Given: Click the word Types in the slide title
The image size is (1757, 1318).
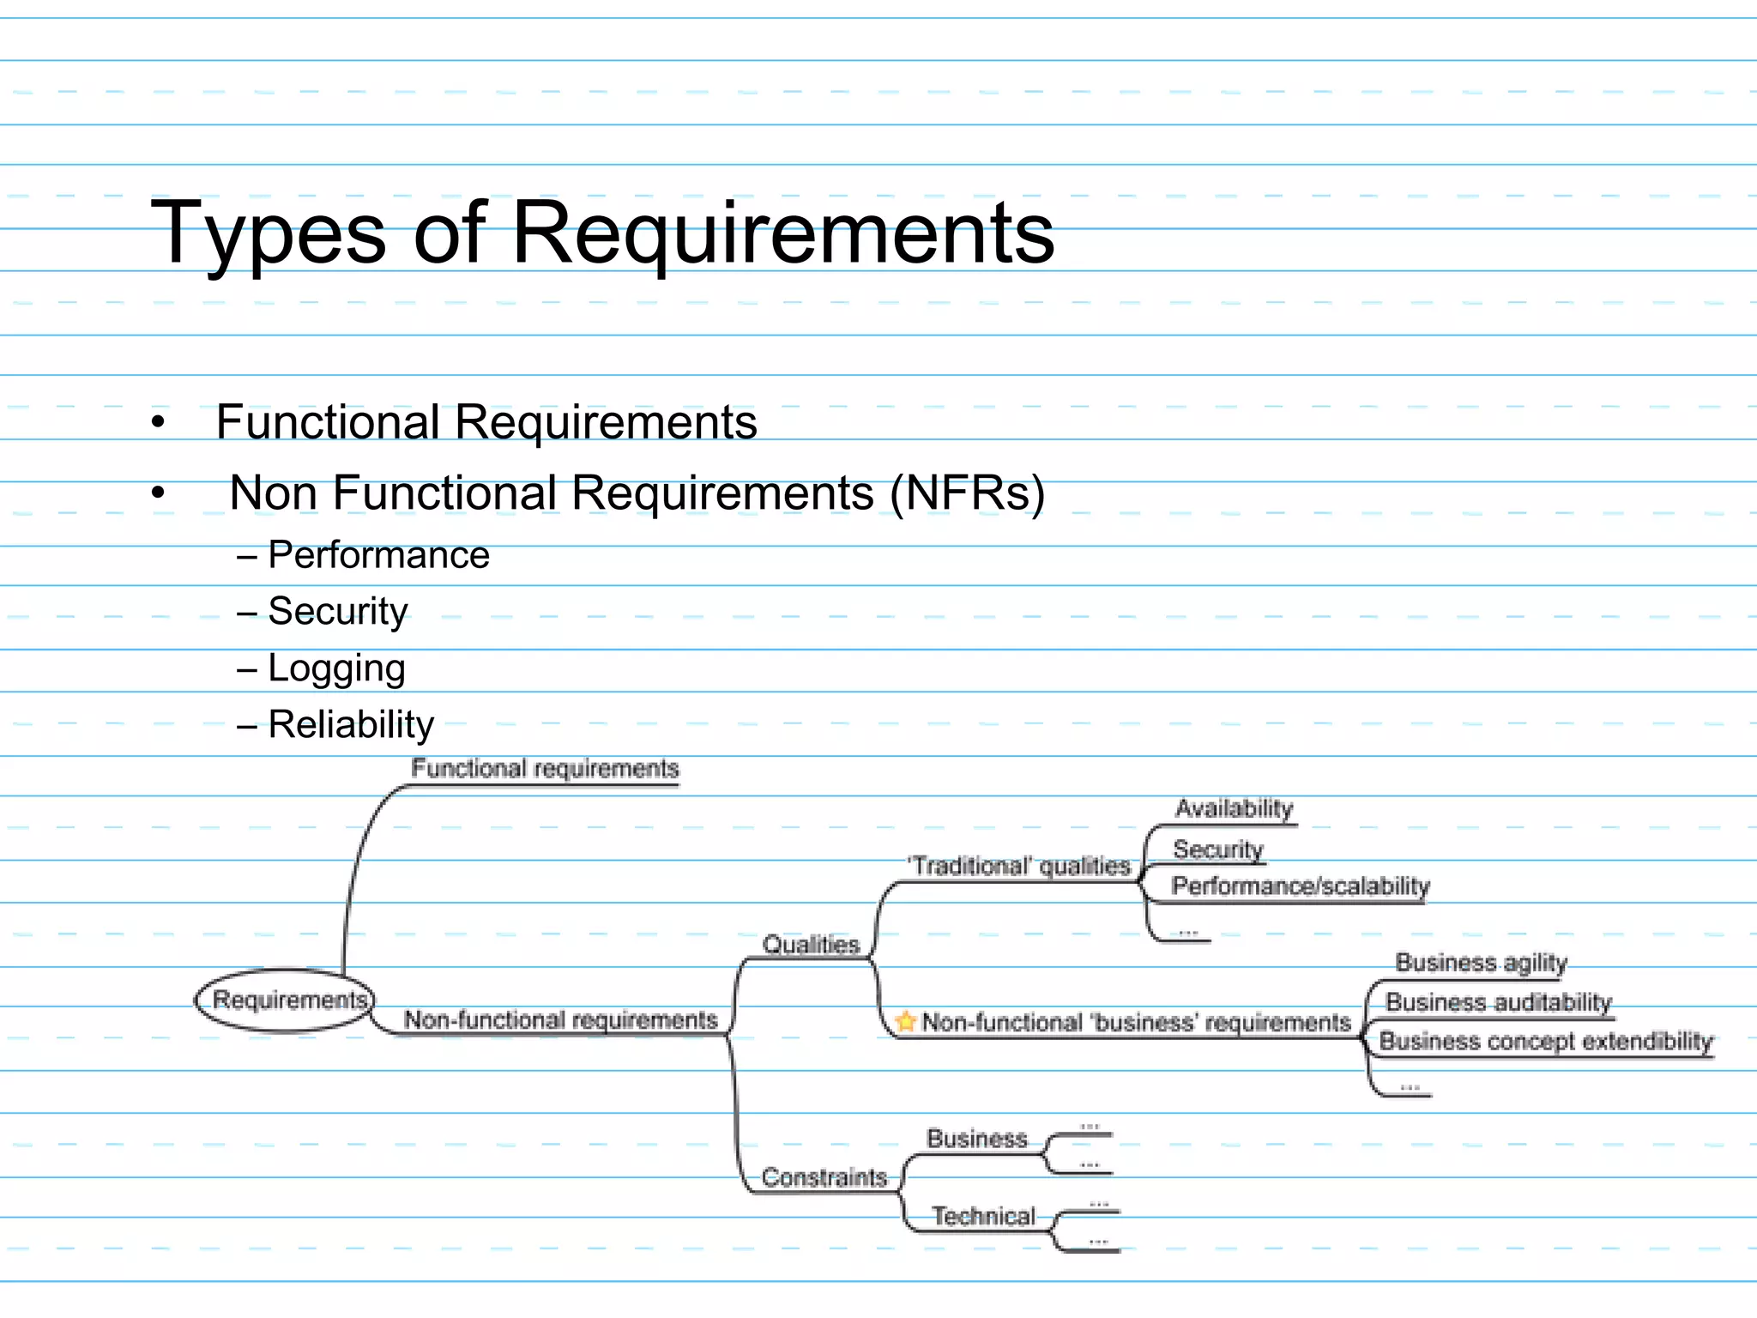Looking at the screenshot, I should pos(268,233).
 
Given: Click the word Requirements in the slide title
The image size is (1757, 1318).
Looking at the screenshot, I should pos(782,233).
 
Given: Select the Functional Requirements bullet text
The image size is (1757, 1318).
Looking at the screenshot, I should pos(486,422).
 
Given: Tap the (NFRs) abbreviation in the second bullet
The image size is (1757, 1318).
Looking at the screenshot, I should pos(967,493).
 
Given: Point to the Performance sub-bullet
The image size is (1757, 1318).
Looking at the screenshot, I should pos(378,555).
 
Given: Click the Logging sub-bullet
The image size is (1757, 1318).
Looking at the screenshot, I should pos(336,668).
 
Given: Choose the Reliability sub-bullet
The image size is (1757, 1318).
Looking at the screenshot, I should pos(351,725).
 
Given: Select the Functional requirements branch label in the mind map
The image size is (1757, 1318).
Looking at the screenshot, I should pos(545,769).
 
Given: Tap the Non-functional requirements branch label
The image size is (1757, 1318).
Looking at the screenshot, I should pos(560,1020).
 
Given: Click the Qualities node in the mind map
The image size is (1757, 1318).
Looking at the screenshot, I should pos(811,945).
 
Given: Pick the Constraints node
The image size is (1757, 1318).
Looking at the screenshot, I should pos(824,1177).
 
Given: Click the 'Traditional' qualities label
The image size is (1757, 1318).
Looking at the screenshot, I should pos(1019,866).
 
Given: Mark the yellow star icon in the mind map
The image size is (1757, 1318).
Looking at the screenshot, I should pos(905,1022).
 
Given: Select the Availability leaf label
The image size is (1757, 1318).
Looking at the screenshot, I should pos(1234,808).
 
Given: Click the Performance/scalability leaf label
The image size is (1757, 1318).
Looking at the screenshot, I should pos(1301,886).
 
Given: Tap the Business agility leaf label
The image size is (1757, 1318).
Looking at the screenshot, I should pos(1481,963).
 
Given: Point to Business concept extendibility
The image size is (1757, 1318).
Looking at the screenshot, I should pos(1545,1042).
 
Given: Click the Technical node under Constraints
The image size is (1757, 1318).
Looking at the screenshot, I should pos(983,1216).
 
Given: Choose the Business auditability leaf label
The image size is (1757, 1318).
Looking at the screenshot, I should pos(1498,1002).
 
